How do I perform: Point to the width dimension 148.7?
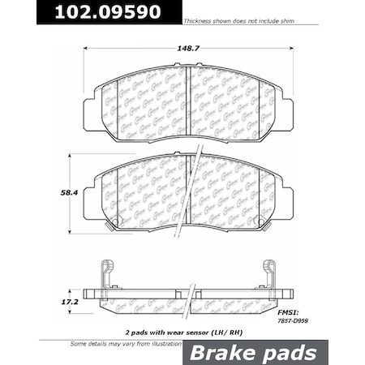pos(188,47)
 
